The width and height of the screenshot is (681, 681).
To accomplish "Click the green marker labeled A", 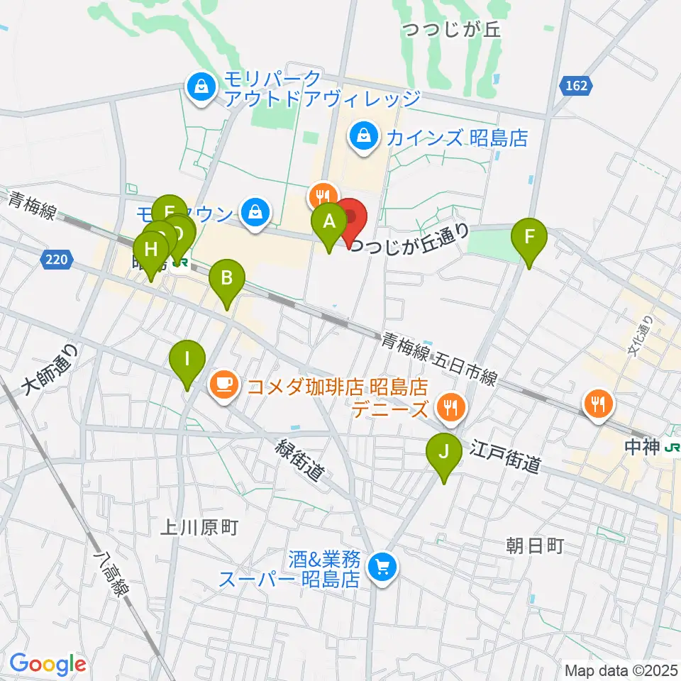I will tap(329, 222).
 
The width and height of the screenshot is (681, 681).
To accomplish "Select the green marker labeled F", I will tap(530, 237).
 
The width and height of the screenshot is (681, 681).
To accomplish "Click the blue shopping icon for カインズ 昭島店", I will tap(364, 136).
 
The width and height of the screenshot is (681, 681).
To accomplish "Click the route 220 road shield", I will tap(57, 260).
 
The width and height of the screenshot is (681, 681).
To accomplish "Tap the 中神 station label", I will tap(644, 448).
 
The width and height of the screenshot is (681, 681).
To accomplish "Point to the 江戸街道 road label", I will tap(506, 455).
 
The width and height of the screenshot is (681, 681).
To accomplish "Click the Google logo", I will tap(48, 663).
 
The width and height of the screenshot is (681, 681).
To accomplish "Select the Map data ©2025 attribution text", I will tap(621, 670).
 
